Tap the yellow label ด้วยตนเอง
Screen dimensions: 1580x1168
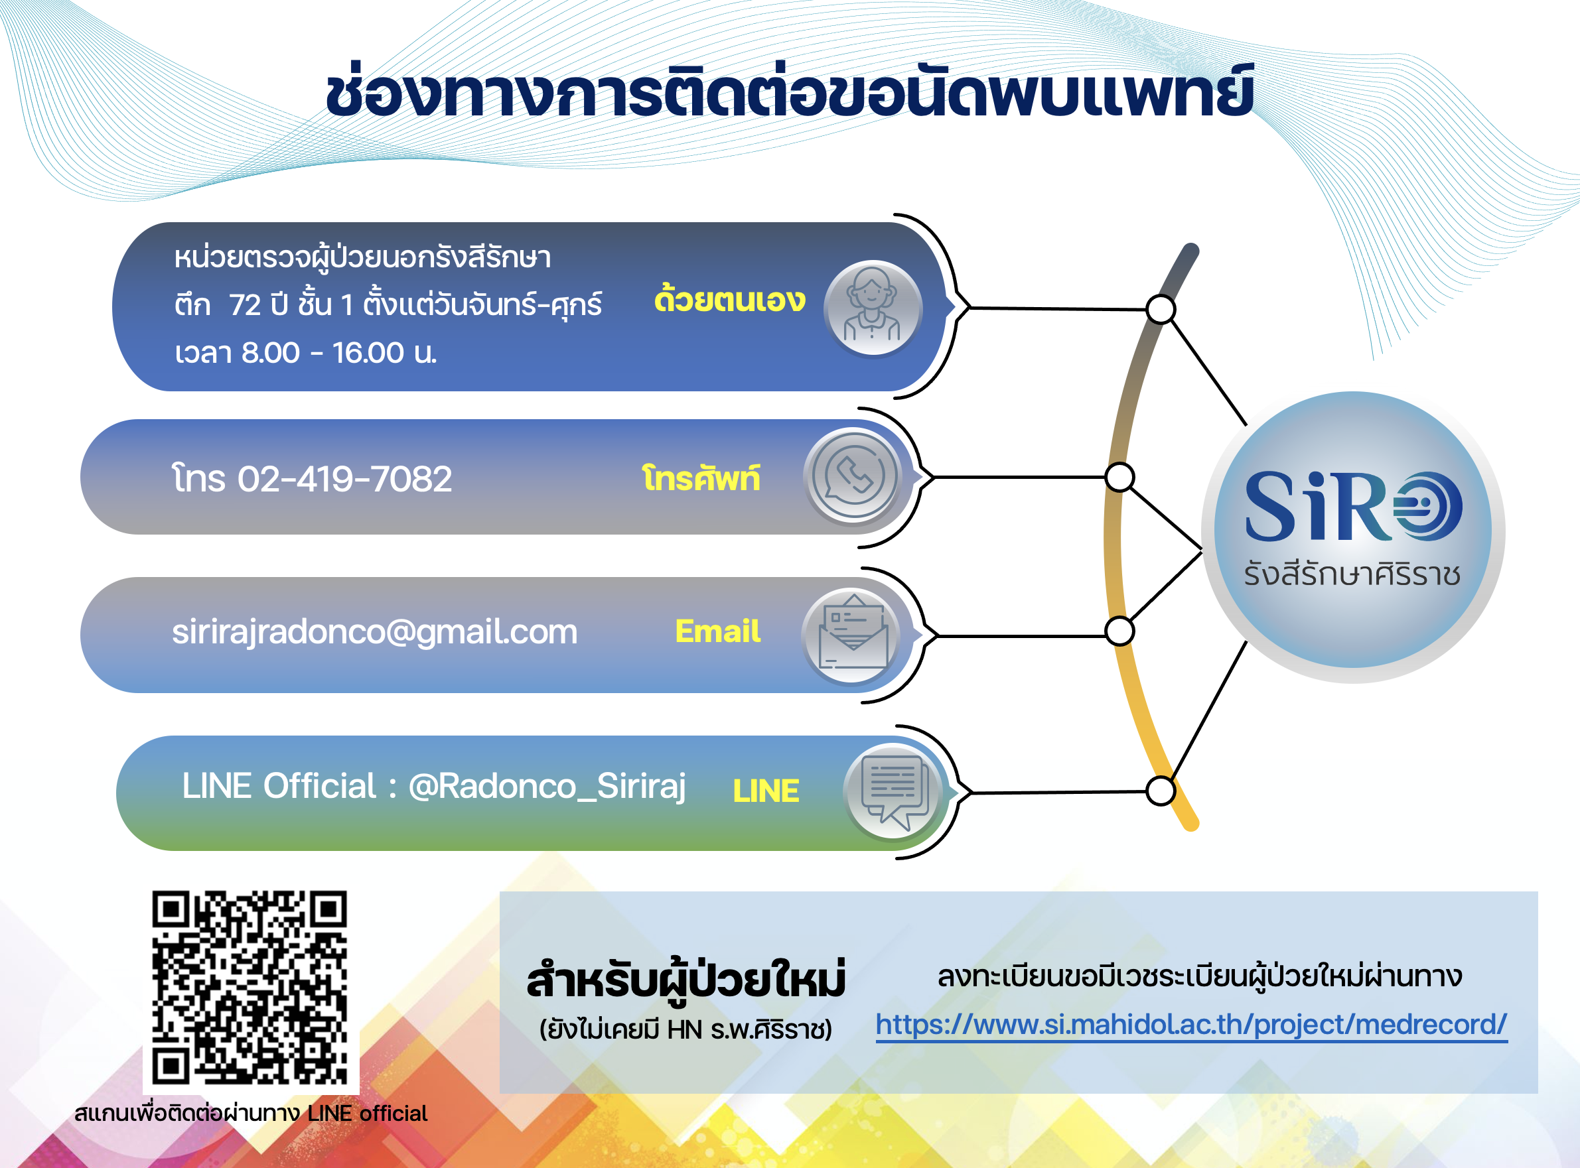(x=729, y=300)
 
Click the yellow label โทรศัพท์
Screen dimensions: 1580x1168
(x=701, y=479)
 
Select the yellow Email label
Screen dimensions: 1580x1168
(x=718, y=631)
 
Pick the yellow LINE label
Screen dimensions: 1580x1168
(x=766, y=791)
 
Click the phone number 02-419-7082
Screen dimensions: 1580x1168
(x=344, y=479)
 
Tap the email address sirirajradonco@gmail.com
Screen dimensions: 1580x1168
(x=375, y=631)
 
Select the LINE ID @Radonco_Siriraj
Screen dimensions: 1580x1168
(x=547, y=786)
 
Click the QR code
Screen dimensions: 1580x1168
(x=250, y=988)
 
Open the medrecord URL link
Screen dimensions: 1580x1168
(x=1192, y=1025)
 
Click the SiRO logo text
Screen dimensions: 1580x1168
(x=1353, y=506)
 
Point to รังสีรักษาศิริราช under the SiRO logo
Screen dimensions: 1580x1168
(x=1352, y=574)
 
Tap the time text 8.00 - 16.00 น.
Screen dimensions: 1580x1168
(x=339, y=352)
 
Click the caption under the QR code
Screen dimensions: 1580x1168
(x=251, y=1113)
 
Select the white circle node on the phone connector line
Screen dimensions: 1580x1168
(x=1119, y=478)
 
